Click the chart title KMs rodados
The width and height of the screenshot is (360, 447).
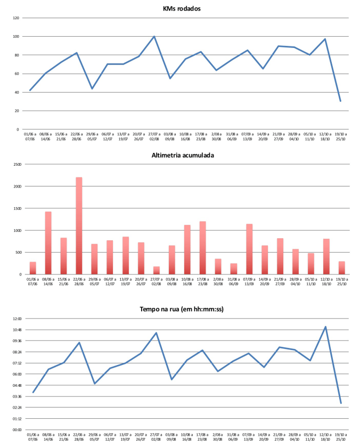click(x=185, y=8)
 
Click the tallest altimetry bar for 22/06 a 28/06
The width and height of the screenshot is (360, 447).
click(x=79, y=226)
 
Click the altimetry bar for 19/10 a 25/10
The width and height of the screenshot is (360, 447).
click(x=341, y=268)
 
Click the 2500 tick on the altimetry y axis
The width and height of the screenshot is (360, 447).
click(x=15, y=165)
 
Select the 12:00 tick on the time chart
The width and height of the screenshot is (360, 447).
click(x=15, y=319)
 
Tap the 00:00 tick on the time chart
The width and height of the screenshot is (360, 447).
click(x=15, y=430)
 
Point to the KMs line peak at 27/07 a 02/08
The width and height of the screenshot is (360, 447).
click(x=154, y=36)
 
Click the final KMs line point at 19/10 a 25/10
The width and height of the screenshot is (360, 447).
click(x=340, y=101)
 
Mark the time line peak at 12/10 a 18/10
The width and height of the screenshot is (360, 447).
click(x=325, y=327)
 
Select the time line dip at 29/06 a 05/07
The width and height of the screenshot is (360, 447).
click(x=94, y=384)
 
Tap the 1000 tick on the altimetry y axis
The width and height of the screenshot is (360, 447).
click(x=15, y=231)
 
